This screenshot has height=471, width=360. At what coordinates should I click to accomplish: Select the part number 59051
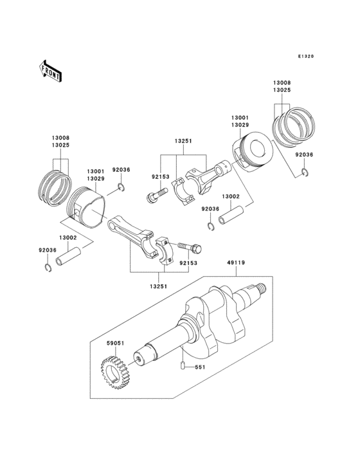[x=116, y=344]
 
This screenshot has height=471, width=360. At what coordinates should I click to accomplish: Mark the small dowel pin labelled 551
[x=183, y=367]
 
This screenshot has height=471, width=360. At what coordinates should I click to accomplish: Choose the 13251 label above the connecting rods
[x=182, y=139]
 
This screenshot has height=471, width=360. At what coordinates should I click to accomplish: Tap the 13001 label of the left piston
[x=95, y=172]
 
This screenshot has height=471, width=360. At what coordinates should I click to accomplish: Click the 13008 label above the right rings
[x=281, y=82]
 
